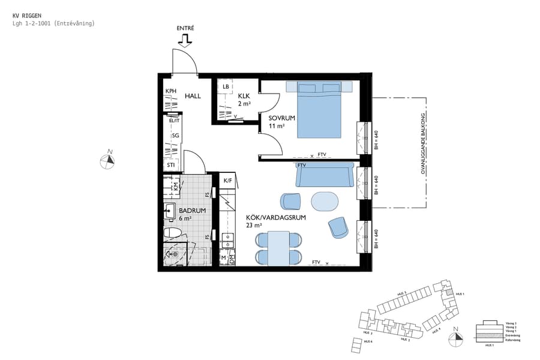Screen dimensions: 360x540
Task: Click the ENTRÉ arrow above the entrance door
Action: point(185,40)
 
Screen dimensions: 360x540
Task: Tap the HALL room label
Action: point(193,96)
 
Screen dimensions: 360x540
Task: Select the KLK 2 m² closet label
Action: point(244,100)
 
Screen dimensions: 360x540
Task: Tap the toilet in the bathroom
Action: point(172,232)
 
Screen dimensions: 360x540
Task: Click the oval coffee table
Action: point(325,201)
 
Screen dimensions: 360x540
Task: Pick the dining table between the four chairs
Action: point(278,248)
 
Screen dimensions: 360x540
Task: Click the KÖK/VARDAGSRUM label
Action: point(275,221)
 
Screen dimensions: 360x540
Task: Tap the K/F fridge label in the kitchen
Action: point(228,181)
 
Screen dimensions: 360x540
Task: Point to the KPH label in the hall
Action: point(172,91)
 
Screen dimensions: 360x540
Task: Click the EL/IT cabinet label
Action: point(174,121)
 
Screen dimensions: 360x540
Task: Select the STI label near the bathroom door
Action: point(171,165)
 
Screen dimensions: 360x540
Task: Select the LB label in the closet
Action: point(226,87)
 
